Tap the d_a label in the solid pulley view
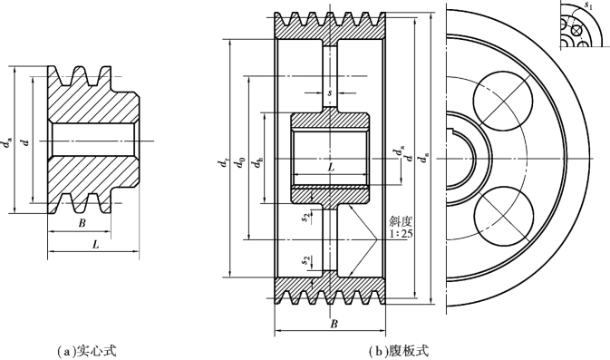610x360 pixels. (x=7, y=142)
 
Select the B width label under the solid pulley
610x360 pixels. (x=82, y=223)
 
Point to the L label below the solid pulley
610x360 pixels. (x=96, y=245)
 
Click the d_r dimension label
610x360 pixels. (x=223, y=162)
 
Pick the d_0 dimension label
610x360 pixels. (x=240, y=162)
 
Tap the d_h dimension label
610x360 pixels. (x=257, y=163)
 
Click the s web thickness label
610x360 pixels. (x=330, y=93)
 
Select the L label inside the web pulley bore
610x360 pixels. (x=331, y=168)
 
